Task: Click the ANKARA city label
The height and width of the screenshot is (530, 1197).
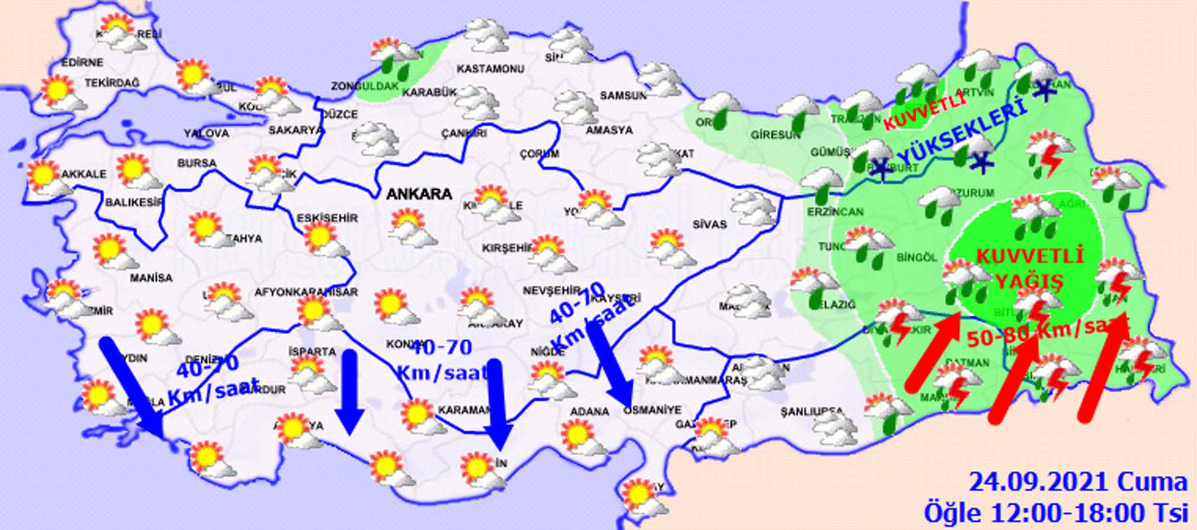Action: coord(420,194)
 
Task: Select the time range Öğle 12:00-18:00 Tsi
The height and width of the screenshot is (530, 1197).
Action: coord(1055,513)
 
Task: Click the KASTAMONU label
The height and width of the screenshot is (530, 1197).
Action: coord(490,69)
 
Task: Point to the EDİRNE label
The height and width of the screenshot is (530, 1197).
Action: coord(83,62)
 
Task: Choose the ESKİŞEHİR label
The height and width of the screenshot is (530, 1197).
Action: coord(327,218)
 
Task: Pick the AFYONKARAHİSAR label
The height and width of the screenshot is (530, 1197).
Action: coord(306,292)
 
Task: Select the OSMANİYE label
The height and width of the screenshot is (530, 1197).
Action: coord(652,410)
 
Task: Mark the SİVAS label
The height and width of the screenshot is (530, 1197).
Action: coord(710,225)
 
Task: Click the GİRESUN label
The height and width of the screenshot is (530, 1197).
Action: coord(776,135)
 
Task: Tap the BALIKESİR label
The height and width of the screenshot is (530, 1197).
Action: coord(133,202)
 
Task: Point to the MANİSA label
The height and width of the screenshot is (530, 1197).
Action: coord(151,278)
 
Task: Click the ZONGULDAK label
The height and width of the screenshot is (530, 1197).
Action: coord(365,86)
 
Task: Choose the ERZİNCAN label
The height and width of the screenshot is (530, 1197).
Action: coord(835,212)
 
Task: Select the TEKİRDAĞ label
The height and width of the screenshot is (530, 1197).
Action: coord(111,83)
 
